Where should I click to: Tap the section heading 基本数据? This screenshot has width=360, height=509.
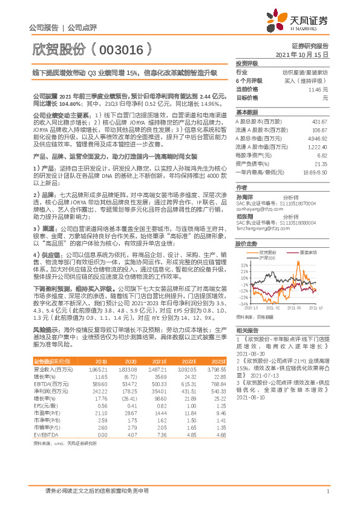click(x=246, y=112)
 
